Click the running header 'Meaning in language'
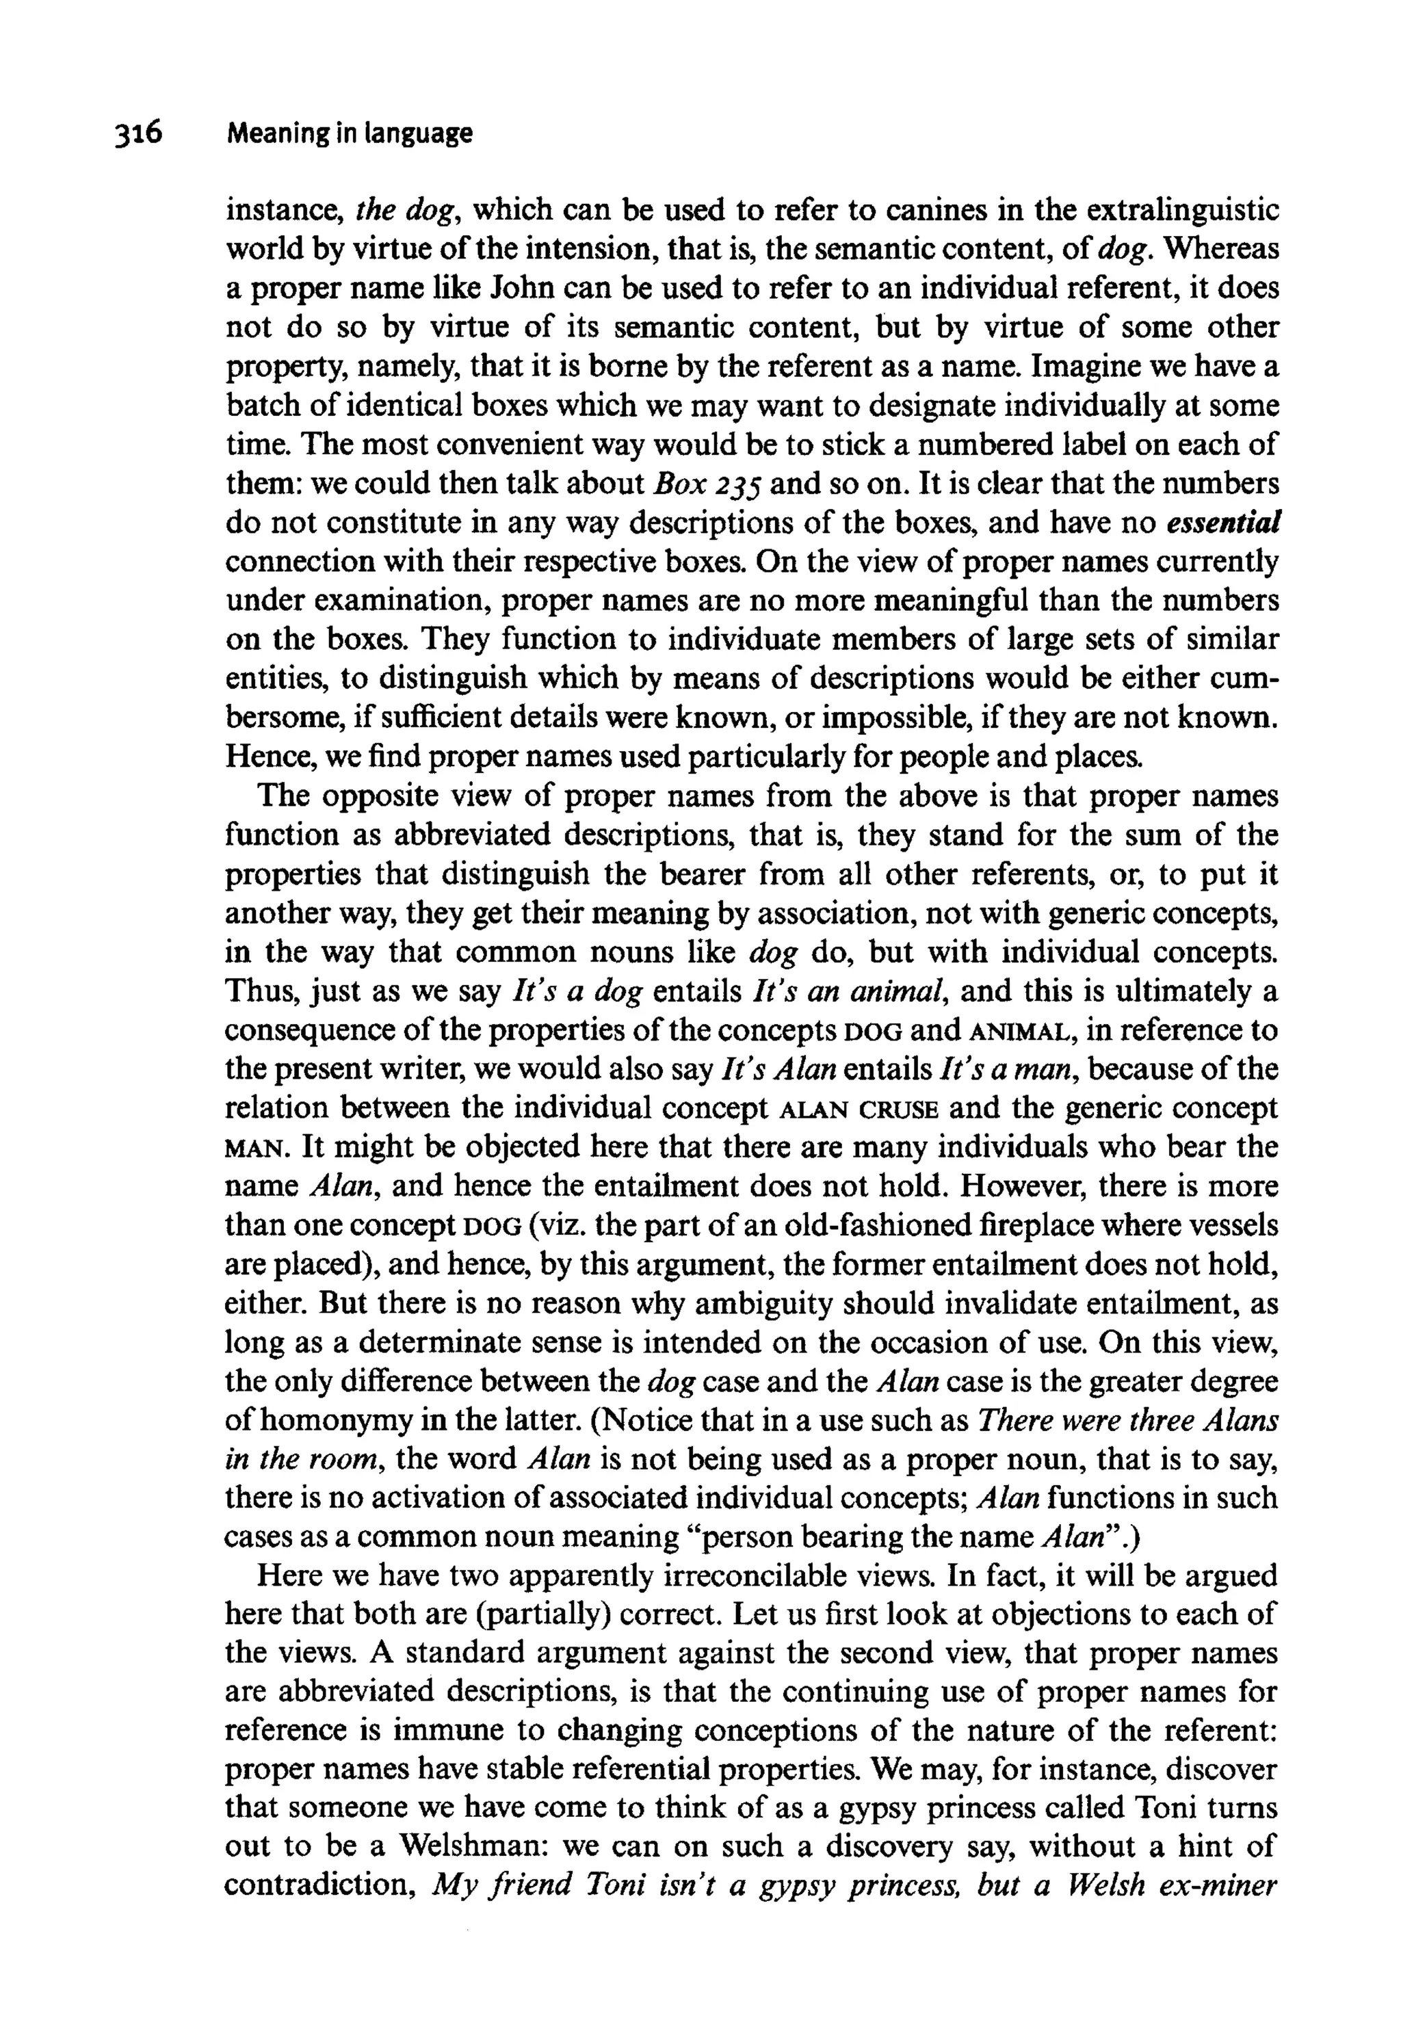350,133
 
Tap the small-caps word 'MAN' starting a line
254,1148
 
